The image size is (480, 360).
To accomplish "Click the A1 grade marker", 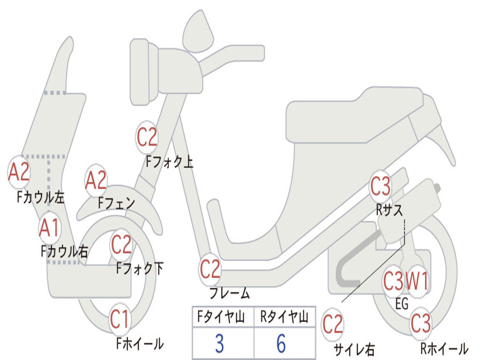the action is click(49, 228).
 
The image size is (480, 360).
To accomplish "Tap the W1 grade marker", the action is click(417, 282).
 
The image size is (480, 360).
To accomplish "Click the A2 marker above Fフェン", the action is click(96, 180).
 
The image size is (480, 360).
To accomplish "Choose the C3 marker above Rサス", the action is click(380, 187).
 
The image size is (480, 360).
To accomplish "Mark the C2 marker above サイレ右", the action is click(333, 325).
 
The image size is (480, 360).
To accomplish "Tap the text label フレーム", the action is click(229, 294).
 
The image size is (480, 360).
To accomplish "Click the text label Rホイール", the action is click(443, 349).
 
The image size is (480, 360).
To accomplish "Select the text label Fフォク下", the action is click(140, 269).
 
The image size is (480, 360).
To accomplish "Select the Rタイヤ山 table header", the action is click(284, 318).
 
